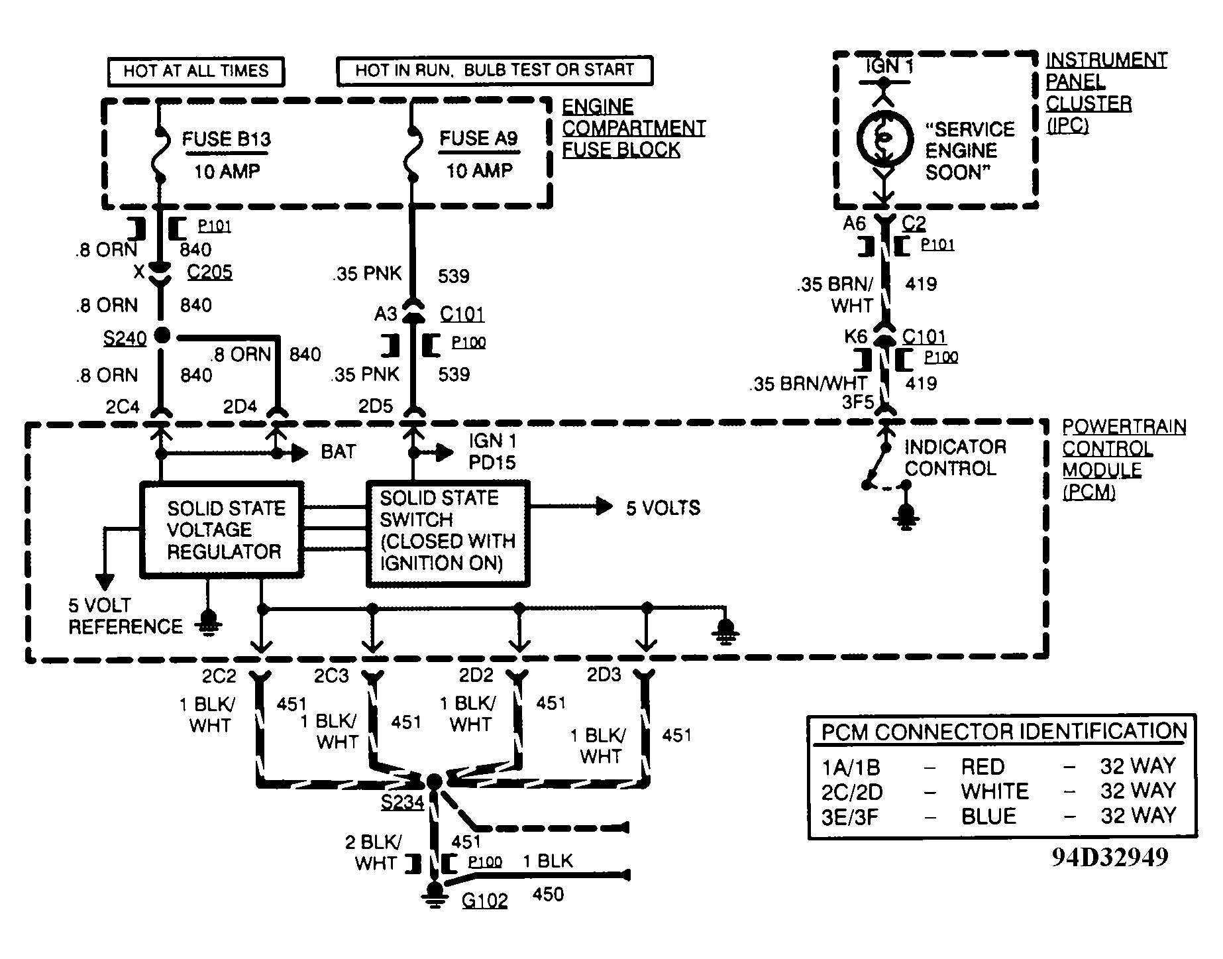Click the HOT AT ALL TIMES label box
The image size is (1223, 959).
click(196, 72)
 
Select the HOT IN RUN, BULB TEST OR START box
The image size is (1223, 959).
click(495, 70)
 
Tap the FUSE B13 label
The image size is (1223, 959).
click(227, 140)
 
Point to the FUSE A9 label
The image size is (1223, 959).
click(479, 139)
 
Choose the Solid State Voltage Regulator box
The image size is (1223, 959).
click(222, 529)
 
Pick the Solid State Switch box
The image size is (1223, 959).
click(449, 534)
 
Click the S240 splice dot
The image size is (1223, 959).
click(162, 335)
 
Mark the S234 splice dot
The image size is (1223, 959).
click(434, 781)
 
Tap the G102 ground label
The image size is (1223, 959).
click(484, 901)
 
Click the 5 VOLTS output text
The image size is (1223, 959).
click(663, 508)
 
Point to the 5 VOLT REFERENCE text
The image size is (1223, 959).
click(125, 616)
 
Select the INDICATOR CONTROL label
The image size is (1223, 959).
click(955, 458)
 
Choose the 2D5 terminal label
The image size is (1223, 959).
click(376, 406)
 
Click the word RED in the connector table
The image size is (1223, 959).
click(983, 767)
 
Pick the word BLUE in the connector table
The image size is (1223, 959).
click(988, 816)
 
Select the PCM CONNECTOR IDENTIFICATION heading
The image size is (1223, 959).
click(1004, 732)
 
